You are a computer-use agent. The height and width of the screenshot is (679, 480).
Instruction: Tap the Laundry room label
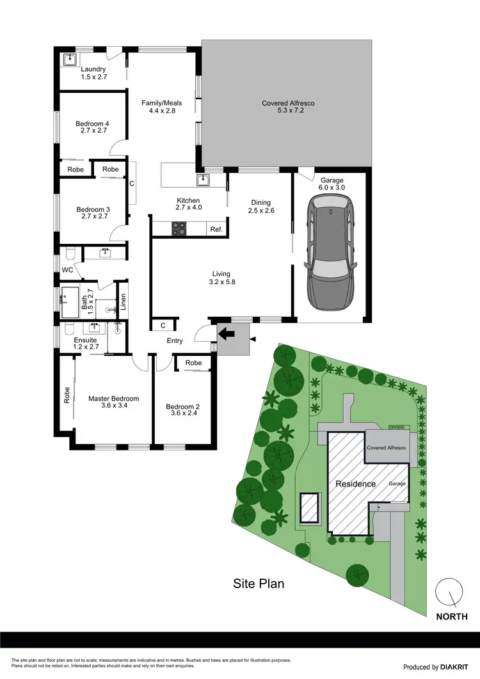point(93,69)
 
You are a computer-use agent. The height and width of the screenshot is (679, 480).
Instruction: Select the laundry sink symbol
point(70,60)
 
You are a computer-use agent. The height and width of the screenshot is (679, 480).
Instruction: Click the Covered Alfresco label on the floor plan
point(288,103)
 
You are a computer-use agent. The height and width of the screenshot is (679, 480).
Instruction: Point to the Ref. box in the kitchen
point(216,228)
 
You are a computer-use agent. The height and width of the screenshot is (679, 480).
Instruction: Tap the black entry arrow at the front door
point(225,333)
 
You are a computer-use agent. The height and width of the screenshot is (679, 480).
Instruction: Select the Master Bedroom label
point(113,399)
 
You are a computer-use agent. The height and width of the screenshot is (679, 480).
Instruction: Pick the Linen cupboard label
point(124,301)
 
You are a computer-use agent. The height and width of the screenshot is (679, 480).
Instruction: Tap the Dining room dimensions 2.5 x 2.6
point(261,211)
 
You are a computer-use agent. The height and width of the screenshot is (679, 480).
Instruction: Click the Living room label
point(221,274)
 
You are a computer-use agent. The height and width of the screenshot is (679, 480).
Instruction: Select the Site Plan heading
point(258,584)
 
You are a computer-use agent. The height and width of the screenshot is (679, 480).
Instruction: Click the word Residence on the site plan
point(356,484)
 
